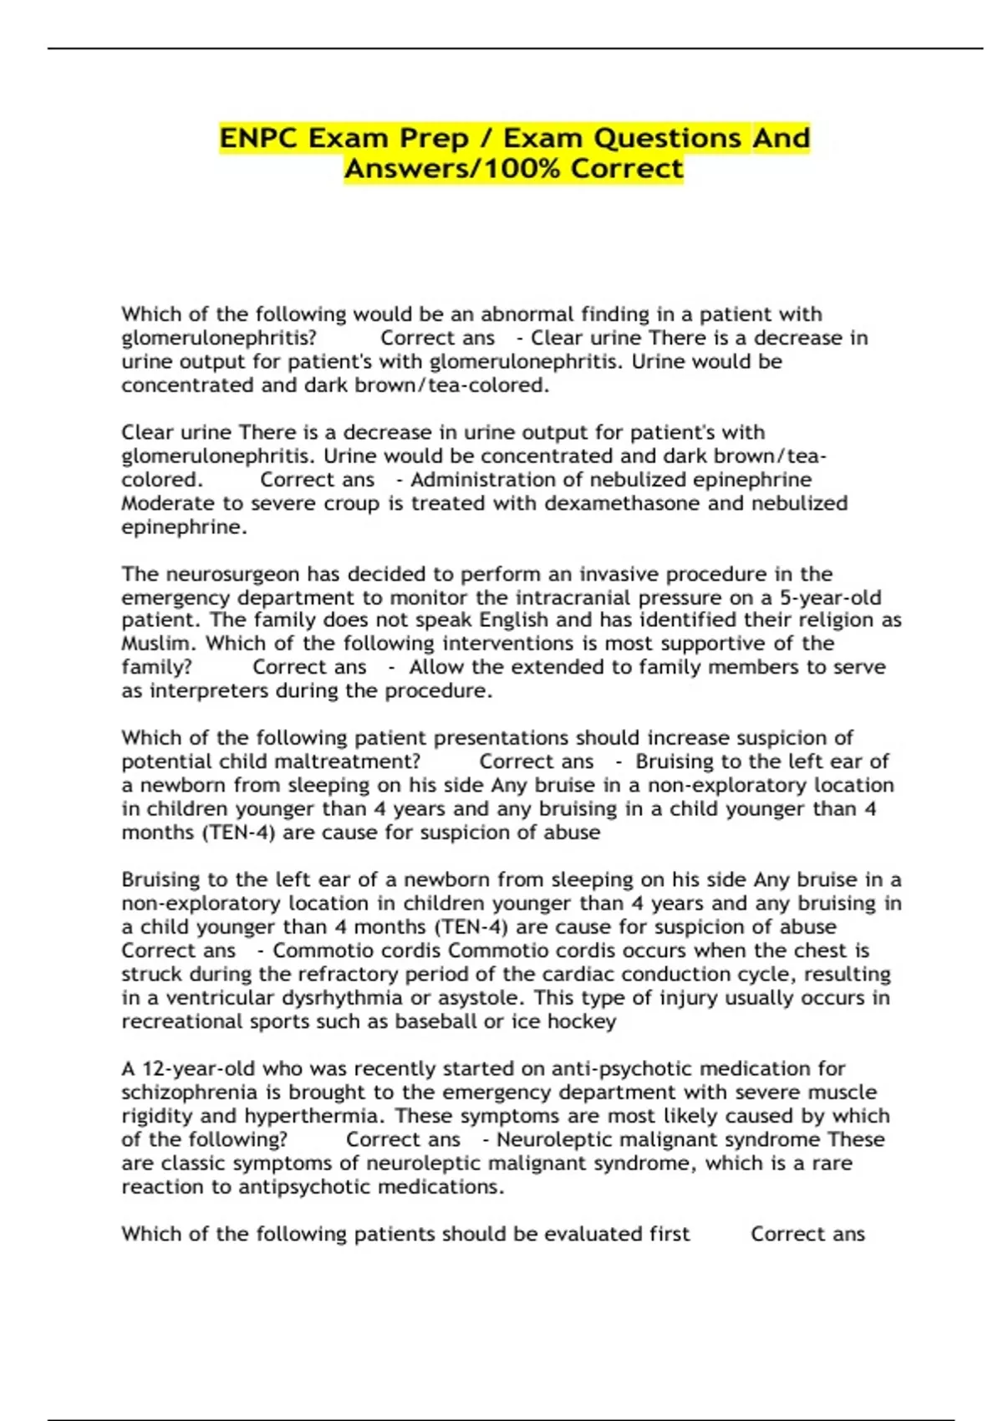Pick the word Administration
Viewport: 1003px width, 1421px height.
pos(477,480)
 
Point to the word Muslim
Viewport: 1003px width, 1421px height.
pos(160,644)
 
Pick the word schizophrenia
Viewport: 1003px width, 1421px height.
pos(189,1092)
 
